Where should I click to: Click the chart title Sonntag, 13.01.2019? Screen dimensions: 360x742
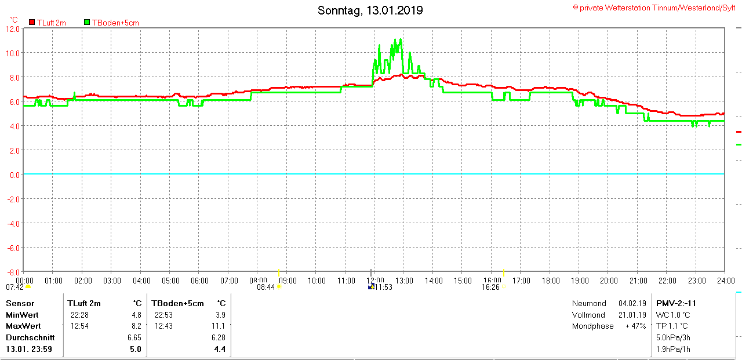pos(370,10)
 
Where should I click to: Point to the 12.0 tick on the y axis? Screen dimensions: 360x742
pos(13,28)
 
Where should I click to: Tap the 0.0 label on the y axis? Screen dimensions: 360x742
pos(14,174)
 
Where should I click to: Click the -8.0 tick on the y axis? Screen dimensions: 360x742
pos(13,272)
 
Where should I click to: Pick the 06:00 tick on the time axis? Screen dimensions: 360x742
pos(199,281)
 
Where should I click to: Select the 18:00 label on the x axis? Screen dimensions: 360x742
pos(550,281)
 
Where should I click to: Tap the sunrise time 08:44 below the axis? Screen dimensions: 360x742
pos(265,287)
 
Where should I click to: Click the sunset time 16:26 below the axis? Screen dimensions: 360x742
pos(490,287)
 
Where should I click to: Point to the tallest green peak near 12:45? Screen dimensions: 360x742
pos(400,39)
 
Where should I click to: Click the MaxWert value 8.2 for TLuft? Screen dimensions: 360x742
pos(136,326)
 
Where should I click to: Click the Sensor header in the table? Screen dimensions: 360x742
pos(20,303)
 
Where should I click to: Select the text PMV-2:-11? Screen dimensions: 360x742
pos(676,303)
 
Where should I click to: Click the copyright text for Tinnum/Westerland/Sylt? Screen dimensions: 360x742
pos(654,8)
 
